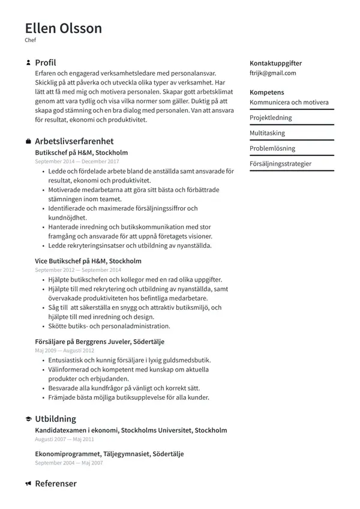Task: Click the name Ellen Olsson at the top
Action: pos(64,28)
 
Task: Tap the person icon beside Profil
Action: pos(28,62)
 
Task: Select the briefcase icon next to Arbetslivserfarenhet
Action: pos(28,142)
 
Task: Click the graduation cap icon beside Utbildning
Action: pos(28,419)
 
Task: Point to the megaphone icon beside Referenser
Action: pos(28,484)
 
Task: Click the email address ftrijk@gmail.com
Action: pos(272,73)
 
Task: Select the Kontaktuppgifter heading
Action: pos(275,63)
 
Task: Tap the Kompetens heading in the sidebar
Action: pos(266,92)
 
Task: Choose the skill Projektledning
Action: pos(271,118)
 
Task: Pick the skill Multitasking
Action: pos(267,133)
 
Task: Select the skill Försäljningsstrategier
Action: pos(280,164)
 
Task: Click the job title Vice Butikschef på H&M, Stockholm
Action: pos(88,261)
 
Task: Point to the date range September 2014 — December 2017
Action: pos(77,161)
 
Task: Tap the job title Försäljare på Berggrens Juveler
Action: pos(100,342)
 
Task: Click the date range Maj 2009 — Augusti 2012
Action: pos(64,350)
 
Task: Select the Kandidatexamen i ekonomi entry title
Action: pos(131,430)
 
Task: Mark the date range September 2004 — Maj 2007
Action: pos(68,463)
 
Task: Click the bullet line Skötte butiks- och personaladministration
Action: pos(109,327)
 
